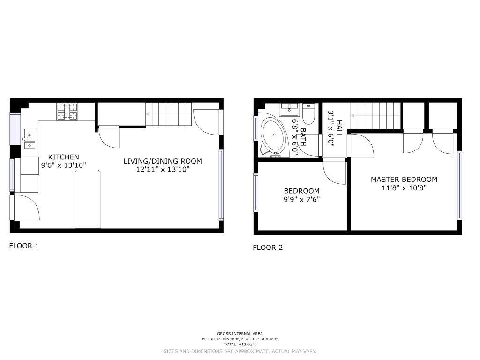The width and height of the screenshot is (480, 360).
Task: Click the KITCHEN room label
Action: coord(64,157)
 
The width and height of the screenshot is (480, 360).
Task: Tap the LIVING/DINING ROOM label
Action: coord(163,161)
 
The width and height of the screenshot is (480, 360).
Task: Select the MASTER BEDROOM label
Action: coord(404,180)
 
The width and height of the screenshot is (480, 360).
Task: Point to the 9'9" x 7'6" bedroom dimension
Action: coord(301,200)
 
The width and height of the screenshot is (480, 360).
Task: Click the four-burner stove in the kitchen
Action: coord(67,112)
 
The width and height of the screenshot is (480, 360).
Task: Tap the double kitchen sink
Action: coord(30,139)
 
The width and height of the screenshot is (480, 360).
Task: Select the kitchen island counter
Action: coord(88,199)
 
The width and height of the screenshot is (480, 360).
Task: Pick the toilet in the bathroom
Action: coord(308,113)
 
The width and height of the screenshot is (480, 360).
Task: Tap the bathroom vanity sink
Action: coord(288,109)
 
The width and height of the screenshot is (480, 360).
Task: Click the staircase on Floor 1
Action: coord(168,114)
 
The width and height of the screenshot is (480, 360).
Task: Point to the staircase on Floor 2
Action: coord(375,116)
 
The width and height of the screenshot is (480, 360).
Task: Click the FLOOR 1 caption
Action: coord(24,246)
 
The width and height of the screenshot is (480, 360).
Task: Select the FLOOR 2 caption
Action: coord(268,247)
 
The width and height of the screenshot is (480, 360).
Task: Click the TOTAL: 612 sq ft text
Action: coord(240,345)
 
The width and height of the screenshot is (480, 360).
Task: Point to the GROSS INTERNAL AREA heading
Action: coord(240,334)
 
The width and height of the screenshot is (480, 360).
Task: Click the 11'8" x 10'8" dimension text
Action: coord(404,188)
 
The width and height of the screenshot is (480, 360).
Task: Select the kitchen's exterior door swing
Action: coord(26,207)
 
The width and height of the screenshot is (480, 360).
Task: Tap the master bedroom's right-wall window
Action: coord(459,186)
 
